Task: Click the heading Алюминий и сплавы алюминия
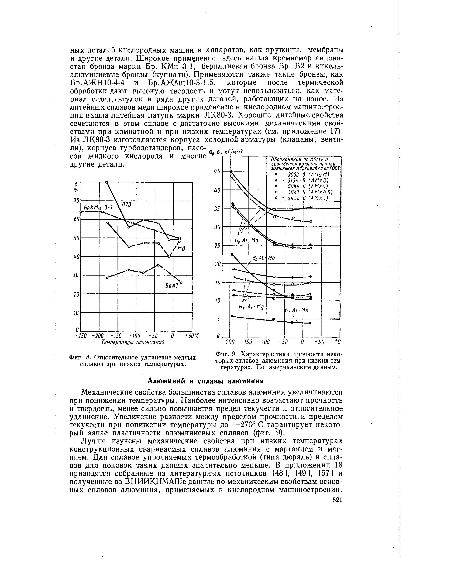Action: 205,381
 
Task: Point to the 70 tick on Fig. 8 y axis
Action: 76,201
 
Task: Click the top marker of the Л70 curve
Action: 107,182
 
